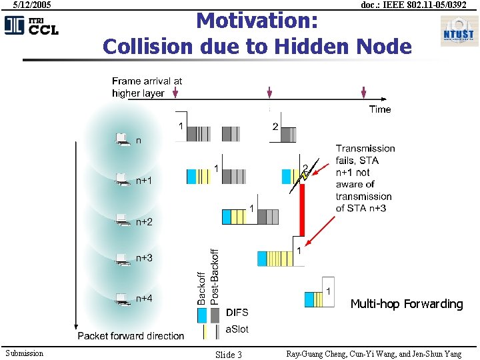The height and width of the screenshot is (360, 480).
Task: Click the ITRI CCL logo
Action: tap(31, 25)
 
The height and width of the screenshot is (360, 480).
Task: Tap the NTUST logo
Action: tap(458, 31)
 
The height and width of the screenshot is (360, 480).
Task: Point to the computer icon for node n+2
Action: tap(122, 219)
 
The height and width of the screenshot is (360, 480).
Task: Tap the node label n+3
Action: tap(144, 257)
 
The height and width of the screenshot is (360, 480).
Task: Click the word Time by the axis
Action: tap(380, 109)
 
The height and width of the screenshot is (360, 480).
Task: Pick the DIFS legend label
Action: tap(237, 312)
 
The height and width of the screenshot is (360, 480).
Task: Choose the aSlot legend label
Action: tap(237, 329)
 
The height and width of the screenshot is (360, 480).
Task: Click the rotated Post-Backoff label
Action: tap(214, 277)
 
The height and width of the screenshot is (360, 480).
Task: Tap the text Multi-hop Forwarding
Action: tap(406, 304)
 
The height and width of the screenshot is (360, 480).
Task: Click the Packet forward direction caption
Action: tap(131, 335)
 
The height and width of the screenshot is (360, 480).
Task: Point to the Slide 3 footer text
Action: tap(229, 355)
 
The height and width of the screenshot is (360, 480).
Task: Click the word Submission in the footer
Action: tap(24, 353)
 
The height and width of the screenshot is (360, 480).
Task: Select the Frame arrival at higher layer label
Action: tap(147, 87)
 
